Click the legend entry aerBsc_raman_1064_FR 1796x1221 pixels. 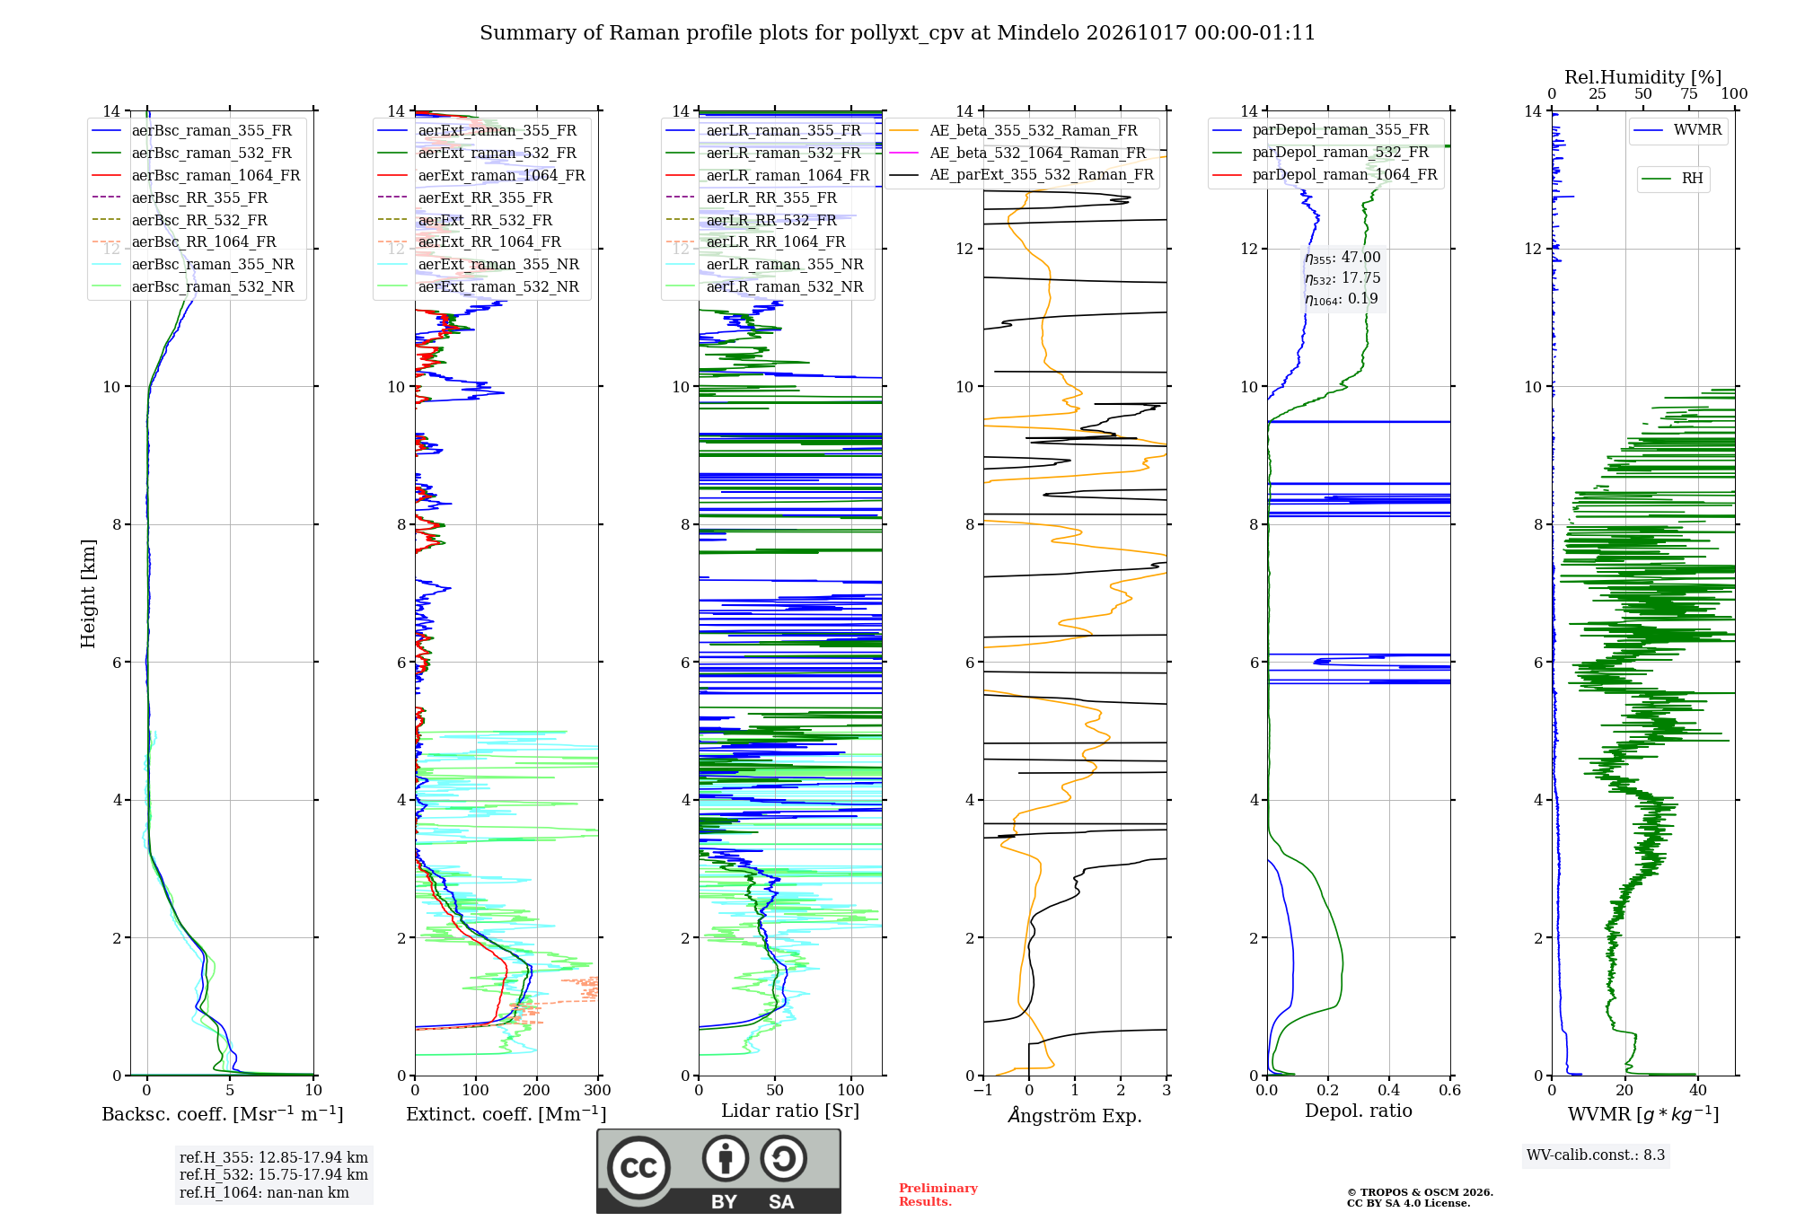[197, 175]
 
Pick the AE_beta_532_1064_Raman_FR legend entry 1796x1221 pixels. [1018, 153]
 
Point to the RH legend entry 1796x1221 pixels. [1673, 179]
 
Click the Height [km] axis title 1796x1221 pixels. [88, 593]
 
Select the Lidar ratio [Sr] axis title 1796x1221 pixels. [790, 1111]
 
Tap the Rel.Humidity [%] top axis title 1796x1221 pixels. [1643, 77]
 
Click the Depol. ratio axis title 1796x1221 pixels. [1359, 1111]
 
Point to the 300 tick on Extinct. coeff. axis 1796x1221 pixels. [598, 1090]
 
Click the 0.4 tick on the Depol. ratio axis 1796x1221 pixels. [1389, 1090]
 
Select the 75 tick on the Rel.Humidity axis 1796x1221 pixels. [1689, 93]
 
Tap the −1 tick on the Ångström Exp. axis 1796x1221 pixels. [983, 1090]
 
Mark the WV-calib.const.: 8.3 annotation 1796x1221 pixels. [1596, 1155]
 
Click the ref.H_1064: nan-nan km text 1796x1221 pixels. [264, 1193]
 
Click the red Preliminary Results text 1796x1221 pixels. [938, 1195]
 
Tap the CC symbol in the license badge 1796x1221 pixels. [638, 1168]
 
